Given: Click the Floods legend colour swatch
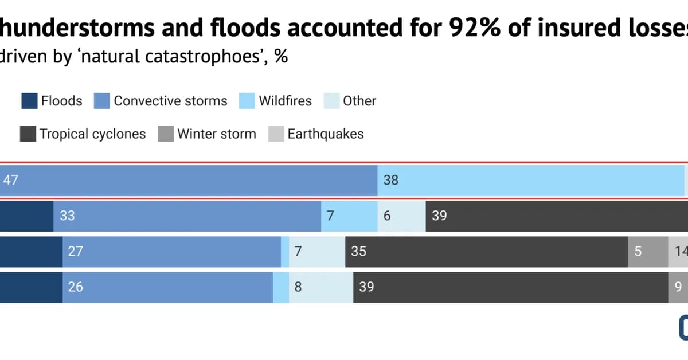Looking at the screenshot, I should (29, 101).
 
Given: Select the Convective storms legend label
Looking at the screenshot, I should (170, 101).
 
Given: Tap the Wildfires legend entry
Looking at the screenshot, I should (285, 101).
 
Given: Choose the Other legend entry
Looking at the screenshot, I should (359, 101).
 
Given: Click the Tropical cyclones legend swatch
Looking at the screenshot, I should (28, 135).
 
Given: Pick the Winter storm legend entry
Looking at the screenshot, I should (216, 135).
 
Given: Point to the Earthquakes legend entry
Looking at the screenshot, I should (325, 135).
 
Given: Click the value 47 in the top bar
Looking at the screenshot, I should (11, 180).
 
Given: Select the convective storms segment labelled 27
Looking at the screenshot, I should (171, 252).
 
